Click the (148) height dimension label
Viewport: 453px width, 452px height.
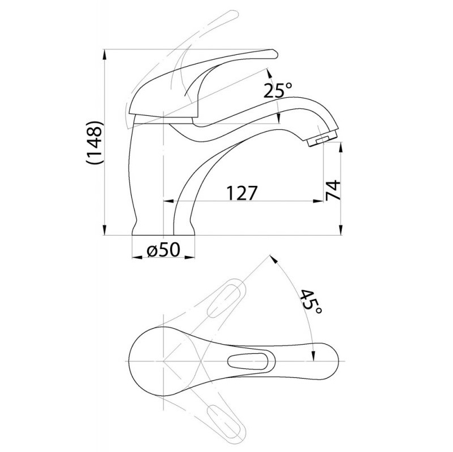(94, 142)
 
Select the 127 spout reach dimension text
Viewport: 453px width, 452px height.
(242, 193)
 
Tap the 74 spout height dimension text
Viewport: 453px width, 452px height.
(333, 190)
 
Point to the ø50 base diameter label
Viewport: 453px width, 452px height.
(163, 249)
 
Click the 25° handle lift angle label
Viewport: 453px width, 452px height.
(278, 90)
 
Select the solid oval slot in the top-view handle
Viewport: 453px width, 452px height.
(248, 360)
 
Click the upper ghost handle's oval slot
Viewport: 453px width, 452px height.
(224, 301)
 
